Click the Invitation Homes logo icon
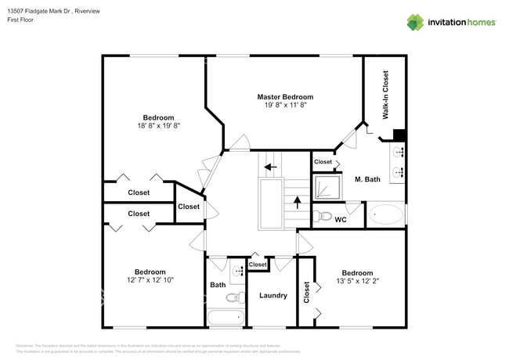coord(415,22)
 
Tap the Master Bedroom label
coord(285,97)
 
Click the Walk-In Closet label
coord(385,95)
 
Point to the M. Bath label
coord(367,179)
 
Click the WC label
coord(341,220)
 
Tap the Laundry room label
coord(273,296)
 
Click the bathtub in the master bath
coord(386,214)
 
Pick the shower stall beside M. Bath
coord(323,187)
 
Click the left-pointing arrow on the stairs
coord(270,166)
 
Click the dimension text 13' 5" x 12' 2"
coord(356,281)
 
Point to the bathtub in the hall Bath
coord(226,318)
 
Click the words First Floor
coord(23,20)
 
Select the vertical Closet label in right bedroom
coord(306,292)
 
